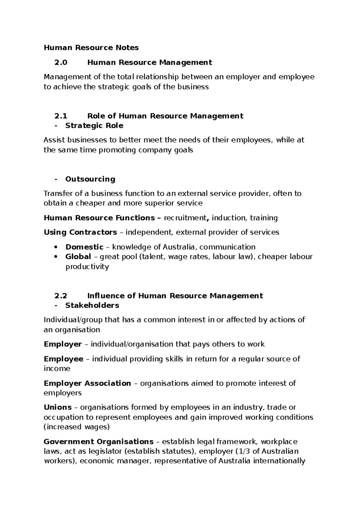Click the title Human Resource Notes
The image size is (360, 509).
click(91, 48)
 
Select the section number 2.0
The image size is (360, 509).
click(61, 62)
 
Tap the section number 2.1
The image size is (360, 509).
click(61, 116)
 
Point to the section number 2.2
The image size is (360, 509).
click(61, 296)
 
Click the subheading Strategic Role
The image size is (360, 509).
click(94, 125)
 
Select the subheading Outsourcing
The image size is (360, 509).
click(90, 179)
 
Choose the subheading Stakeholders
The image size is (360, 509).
click(92, 305)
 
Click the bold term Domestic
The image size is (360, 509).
click(84, 247)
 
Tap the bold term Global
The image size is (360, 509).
click(78, 257)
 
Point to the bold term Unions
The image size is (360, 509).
click(58, 407)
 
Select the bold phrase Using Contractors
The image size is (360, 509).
click(80, 232)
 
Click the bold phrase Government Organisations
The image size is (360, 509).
click(98, 441)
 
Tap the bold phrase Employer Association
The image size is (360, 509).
click(87, 383)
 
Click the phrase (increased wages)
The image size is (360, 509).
click(76, 427)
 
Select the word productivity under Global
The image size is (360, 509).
click(87, 267)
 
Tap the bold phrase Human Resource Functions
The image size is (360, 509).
click(99, 218)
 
